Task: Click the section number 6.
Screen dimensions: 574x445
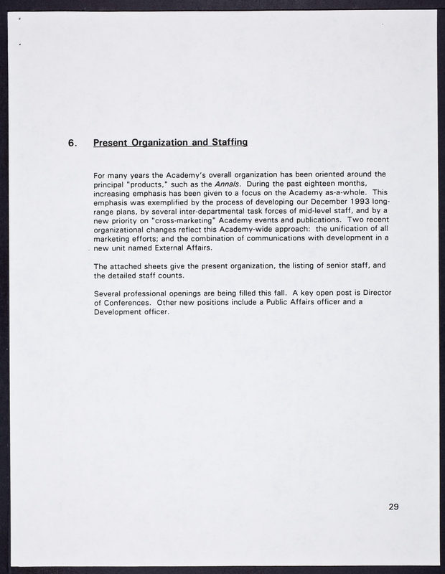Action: (72, 143)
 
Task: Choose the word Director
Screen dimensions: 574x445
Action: (375, 293)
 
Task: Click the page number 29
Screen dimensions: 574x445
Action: (393, 507)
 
